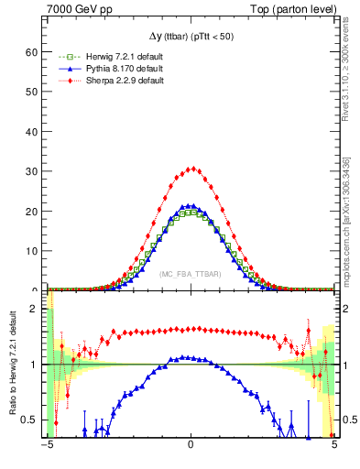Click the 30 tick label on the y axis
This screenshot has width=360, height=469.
(35, 171)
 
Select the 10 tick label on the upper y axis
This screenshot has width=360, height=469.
(35, 251)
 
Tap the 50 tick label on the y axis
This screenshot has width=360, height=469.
(35, 92)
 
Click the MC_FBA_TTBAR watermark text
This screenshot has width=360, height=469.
(191, 274)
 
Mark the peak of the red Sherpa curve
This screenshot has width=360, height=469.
(191, 169)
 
